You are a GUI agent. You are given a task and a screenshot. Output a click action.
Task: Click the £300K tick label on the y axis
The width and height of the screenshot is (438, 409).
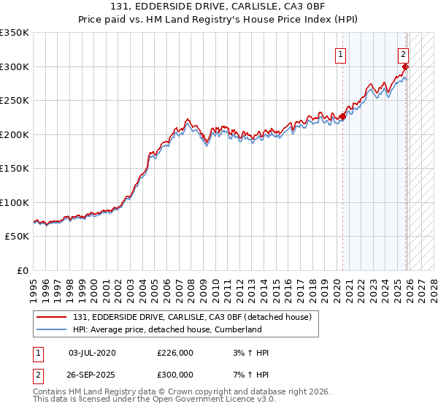(15, 66)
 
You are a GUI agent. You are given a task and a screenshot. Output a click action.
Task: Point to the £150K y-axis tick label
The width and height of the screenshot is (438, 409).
(15, 169)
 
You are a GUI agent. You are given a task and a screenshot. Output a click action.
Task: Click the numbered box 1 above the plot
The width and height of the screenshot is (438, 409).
(341, 53)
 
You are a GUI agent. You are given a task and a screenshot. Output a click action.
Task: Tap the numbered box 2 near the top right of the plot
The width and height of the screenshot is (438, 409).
(403, 53)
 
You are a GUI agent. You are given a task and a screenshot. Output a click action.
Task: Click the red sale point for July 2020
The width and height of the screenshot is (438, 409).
(343, 117)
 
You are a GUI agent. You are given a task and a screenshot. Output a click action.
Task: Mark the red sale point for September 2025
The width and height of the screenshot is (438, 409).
(406, 66)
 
